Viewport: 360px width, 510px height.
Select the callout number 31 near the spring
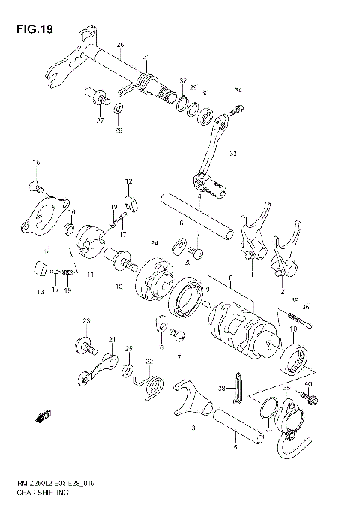(x=146, y=58)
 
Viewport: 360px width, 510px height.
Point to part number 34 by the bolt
(x=238, y=91)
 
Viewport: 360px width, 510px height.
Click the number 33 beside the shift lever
(x=232, y=154)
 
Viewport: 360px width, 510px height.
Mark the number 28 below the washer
(x=118, y=129)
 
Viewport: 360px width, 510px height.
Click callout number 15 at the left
(x=34, y=163)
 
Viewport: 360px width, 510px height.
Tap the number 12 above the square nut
(x=128, y=181)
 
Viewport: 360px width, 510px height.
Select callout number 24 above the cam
(x=154, y=242)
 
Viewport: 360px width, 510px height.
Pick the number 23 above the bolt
(x=86, y=321)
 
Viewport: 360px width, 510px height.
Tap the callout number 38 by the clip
(x=222, y=388)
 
